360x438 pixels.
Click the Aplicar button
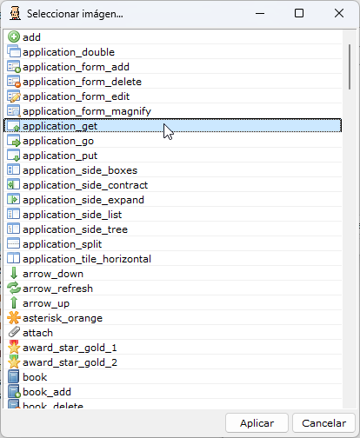click(257, 423)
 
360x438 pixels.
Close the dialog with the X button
click(339, 13)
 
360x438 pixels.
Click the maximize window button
click(299, 13)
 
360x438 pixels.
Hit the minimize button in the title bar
click(260, 13)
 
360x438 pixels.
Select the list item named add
click(31, 37)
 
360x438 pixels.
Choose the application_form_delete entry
click(82, 82)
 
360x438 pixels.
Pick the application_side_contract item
click(85, 185)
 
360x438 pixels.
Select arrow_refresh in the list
click(57, 289)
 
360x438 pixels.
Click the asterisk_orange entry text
click(63, 318)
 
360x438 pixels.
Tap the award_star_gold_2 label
click(70, 362)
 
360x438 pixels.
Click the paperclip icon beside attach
click(14, 333)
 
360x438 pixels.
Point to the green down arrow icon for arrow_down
click(14, 274)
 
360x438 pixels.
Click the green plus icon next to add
click(14, 37)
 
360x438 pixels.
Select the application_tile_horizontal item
click(87, 259)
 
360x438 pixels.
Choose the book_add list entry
click(47, 392)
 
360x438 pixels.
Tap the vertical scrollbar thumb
click(350, 67)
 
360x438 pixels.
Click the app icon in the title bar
click(15, 13)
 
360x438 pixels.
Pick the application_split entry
click(62, 244)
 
